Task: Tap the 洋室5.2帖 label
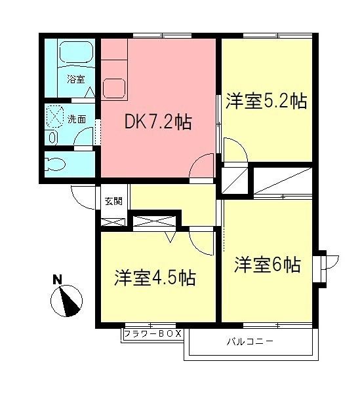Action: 266,102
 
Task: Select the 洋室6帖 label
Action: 267,265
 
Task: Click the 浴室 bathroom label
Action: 75,80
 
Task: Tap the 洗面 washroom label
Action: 77,119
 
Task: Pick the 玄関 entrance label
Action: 113,200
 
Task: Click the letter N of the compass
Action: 57,280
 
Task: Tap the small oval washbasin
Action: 52,137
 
